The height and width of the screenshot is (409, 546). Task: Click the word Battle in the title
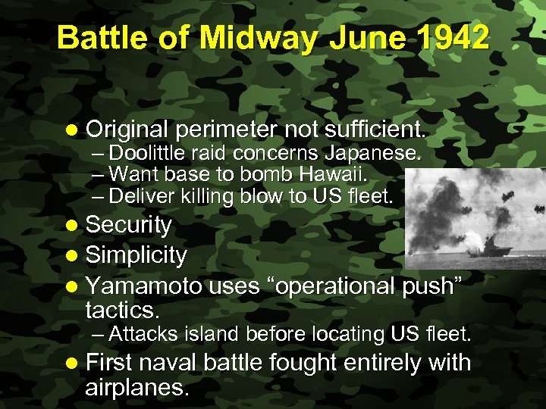[x=105, y=37]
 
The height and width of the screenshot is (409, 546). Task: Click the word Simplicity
[x=136, y=255]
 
